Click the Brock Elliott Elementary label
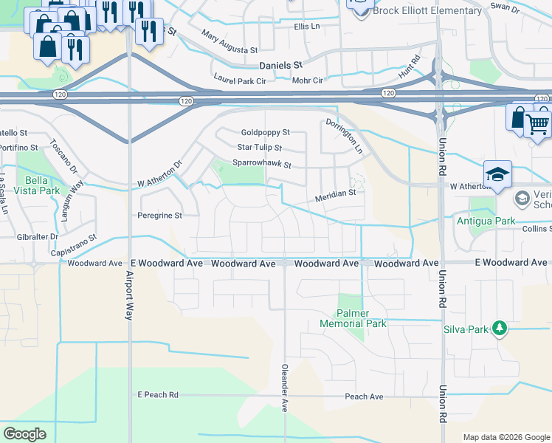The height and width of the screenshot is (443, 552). pos(427,11)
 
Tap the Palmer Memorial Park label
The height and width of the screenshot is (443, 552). pos(353,318)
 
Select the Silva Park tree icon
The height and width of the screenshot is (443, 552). pos(500,327)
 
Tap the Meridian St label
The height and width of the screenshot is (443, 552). pos(336,196)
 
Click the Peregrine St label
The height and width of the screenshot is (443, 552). pos(159,216)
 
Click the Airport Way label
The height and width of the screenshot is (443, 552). pos(128,293)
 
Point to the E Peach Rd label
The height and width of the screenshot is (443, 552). pos(157,396)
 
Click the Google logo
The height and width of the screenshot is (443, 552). pos(25,433)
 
